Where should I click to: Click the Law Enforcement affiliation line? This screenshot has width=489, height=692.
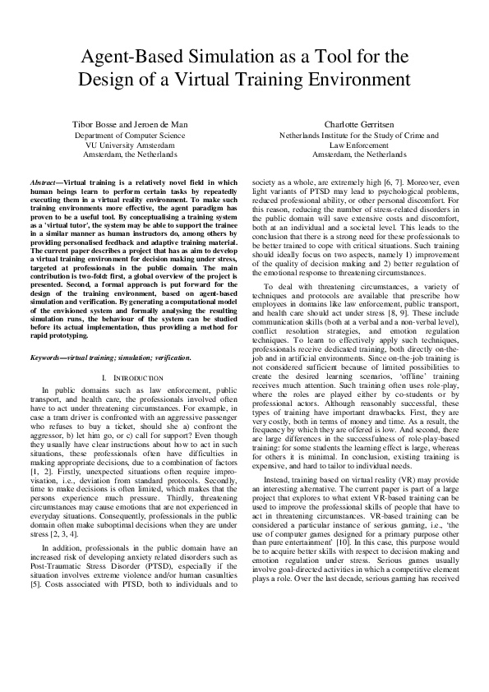click(359, 144)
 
